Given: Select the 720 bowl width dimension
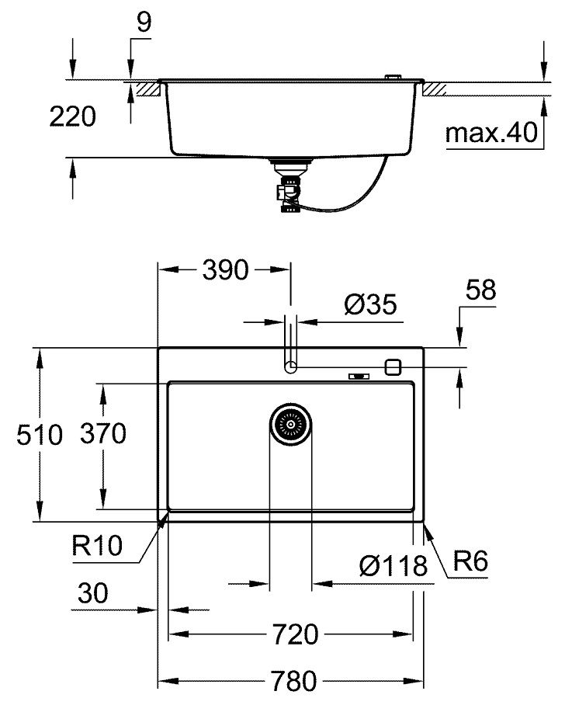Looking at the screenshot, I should click(295, 635).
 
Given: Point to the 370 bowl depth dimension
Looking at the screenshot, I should click(103, 435).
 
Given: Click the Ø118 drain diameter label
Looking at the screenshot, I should click(393, 566).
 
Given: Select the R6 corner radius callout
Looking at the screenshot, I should click(470, 561).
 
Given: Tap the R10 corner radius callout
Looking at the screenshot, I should click(97, 546).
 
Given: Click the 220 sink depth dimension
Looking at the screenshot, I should click(72, 117).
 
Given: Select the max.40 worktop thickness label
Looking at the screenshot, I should click(491, 134).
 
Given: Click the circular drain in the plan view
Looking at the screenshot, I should click(291, 424).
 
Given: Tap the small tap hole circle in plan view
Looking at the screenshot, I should click(291, 366).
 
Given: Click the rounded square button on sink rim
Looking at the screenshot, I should click(393, 366).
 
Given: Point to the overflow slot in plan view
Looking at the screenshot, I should click(359, 377).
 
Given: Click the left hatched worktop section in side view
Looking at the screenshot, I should click(145, 89).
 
